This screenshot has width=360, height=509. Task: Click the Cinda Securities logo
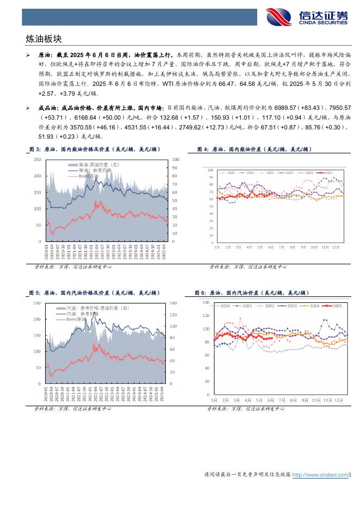point(306,16)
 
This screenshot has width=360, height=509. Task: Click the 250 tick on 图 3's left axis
point(38,159)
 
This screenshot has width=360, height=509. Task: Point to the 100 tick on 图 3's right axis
point(176,159)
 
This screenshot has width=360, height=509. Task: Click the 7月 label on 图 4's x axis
point(281,247)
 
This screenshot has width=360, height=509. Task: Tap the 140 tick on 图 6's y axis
point(206,302)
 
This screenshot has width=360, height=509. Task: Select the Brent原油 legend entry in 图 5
point(76,320)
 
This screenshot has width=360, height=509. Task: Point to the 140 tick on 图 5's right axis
point(174,303)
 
